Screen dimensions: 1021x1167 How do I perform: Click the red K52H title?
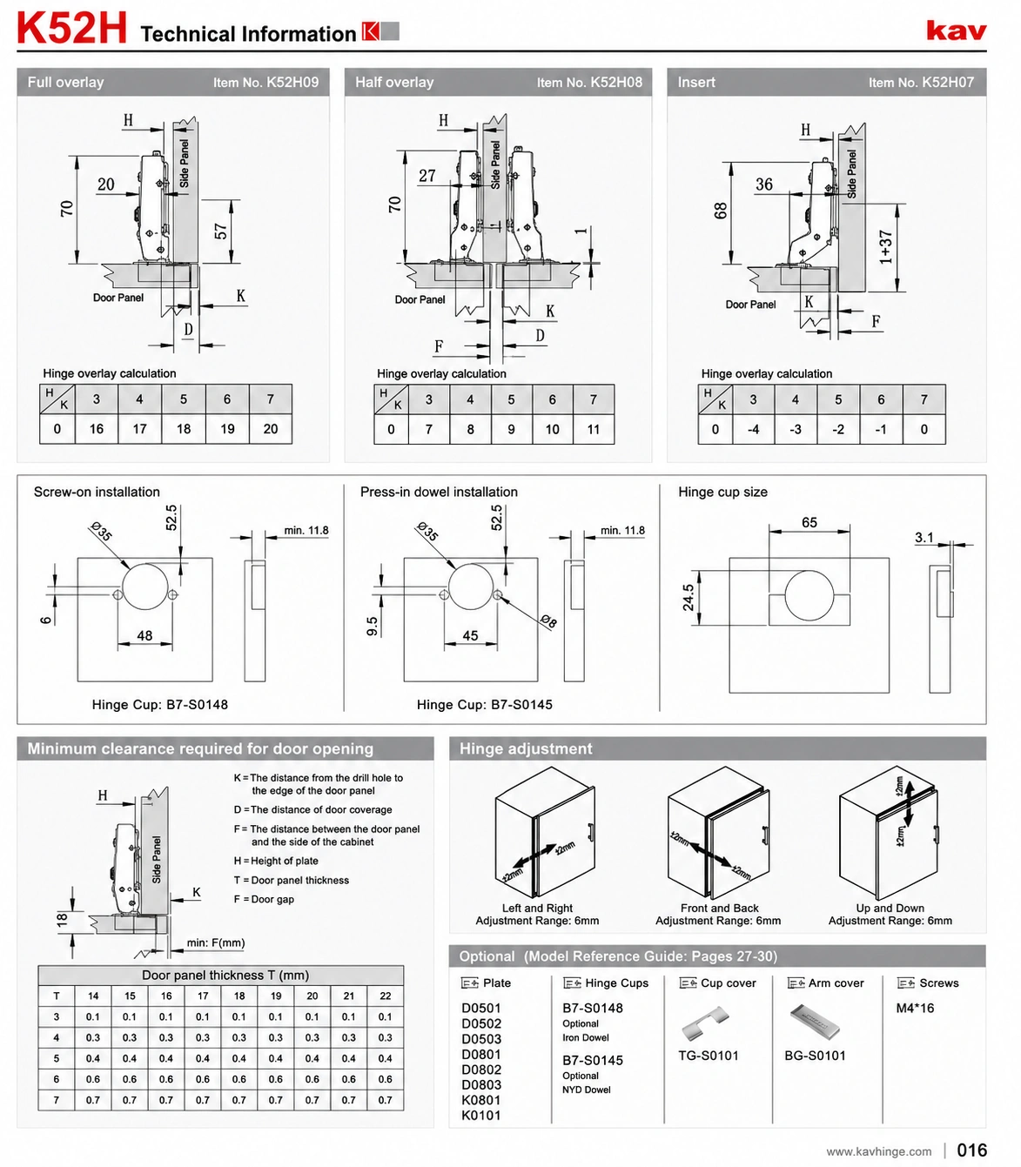tap(72, 29)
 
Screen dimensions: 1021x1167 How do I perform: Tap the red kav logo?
tap(957, 30)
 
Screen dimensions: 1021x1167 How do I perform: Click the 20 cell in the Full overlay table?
tap(271, 429)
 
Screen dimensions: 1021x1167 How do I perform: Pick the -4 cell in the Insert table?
tap(753, 430)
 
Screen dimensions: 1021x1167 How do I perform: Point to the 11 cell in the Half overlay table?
tap(594, 430)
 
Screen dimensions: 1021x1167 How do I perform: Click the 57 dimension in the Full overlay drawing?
tap(221, 231)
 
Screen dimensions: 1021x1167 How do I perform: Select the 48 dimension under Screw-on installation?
tap(144, 635)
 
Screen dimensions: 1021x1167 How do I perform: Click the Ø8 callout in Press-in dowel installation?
tap(548, 621)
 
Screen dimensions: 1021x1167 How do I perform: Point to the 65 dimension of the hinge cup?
tap(809, 522)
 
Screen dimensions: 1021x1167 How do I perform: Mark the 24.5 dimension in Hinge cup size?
tap(688, 597)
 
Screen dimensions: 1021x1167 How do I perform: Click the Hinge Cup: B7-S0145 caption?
tap(484, 704)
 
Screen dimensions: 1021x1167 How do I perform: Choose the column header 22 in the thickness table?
tap(385, 996)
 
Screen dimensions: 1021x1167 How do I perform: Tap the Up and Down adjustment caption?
tap(890, 915)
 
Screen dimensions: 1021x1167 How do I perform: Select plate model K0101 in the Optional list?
tap(480, 1116)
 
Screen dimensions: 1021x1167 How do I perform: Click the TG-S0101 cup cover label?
tap(708, 1056)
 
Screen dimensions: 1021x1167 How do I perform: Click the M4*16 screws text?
tap(915, 1009)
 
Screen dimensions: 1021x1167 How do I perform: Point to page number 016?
tap(971, 1150)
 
